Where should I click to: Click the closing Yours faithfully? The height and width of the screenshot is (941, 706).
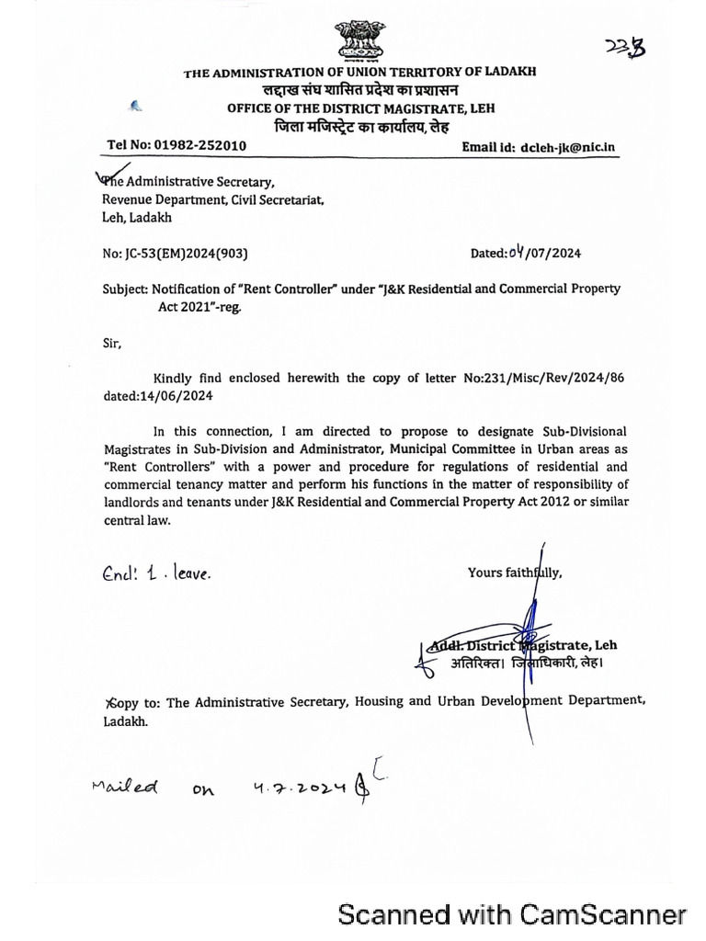click(x=515, y=573)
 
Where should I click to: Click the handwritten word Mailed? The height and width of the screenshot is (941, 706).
click(x=126, y=788)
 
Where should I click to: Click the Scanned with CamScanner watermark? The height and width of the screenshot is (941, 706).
click(x=512, y=915)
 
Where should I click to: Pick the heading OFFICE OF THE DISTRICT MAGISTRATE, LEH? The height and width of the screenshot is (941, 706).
click(x=360, y=108)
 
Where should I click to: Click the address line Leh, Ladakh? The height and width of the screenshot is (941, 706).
click(x=136, y=218)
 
